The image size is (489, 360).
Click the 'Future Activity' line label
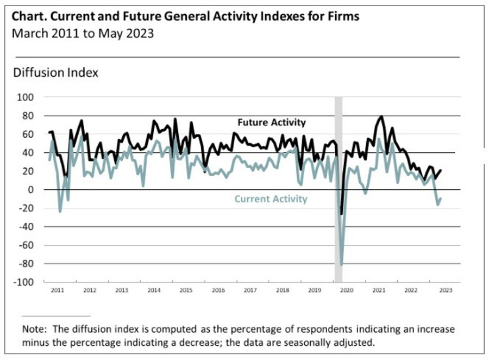click(x=271, y=122)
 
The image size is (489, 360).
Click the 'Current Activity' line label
click(x=271, y=199)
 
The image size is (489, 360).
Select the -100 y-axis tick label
click(x=25, y=282)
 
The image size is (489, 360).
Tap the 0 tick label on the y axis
click(x=32, y=190)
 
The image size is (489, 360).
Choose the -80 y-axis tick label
click(x=27, y=264)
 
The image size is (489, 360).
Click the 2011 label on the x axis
click(x=57, y=290)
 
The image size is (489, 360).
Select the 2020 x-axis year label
click(x=347, y=290)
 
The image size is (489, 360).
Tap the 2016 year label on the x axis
click(x=218, y=290)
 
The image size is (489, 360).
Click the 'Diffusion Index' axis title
click(x=55, y=72)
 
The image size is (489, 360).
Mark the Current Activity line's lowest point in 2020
click(x=342, y=264)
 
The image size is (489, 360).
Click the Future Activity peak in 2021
click(x=381, y=116)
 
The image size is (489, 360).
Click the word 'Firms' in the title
click(x=344, y=16)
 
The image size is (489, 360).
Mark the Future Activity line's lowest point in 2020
click(x=341, y=214)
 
